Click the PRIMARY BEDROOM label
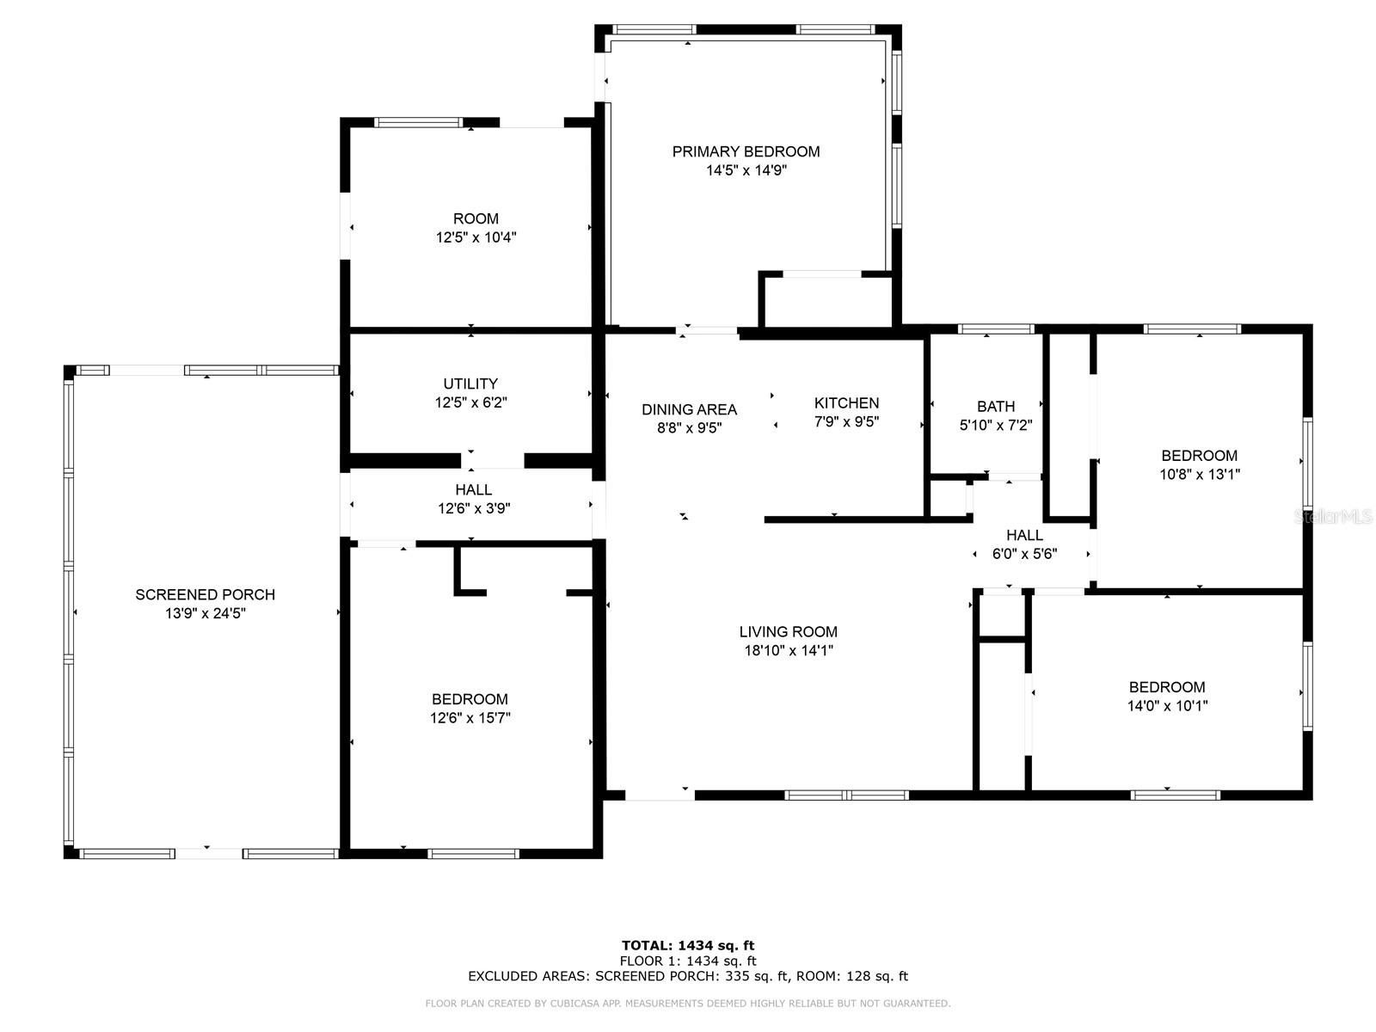click(x=746, y=151)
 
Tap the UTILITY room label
click(x=470, y=384)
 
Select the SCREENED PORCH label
click(x=205, y=594)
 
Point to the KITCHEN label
click(x=846, y=402)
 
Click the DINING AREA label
click(x=689, y=410)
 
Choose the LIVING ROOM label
click(x=788, y=631)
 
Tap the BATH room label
click(x=996, y=406)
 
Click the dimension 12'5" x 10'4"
click(x=476, y=237)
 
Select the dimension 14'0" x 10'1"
click(x=1167, y=705)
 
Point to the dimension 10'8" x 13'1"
click(x=1199, y=475)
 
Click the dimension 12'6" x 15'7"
click(x=470, y=717)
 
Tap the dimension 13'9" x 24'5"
click(x=205, y=613)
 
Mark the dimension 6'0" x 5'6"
click(x=1024, y=554)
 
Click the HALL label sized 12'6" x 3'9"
click(x=473, y=489)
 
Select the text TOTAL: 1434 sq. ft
click(x=688, y=945)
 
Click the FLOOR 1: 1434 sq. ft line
click(x=688, y=961)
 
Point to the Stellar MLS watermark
click(x=1333, y=517)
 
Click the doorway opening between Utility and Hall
click(x=492, y=461)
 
